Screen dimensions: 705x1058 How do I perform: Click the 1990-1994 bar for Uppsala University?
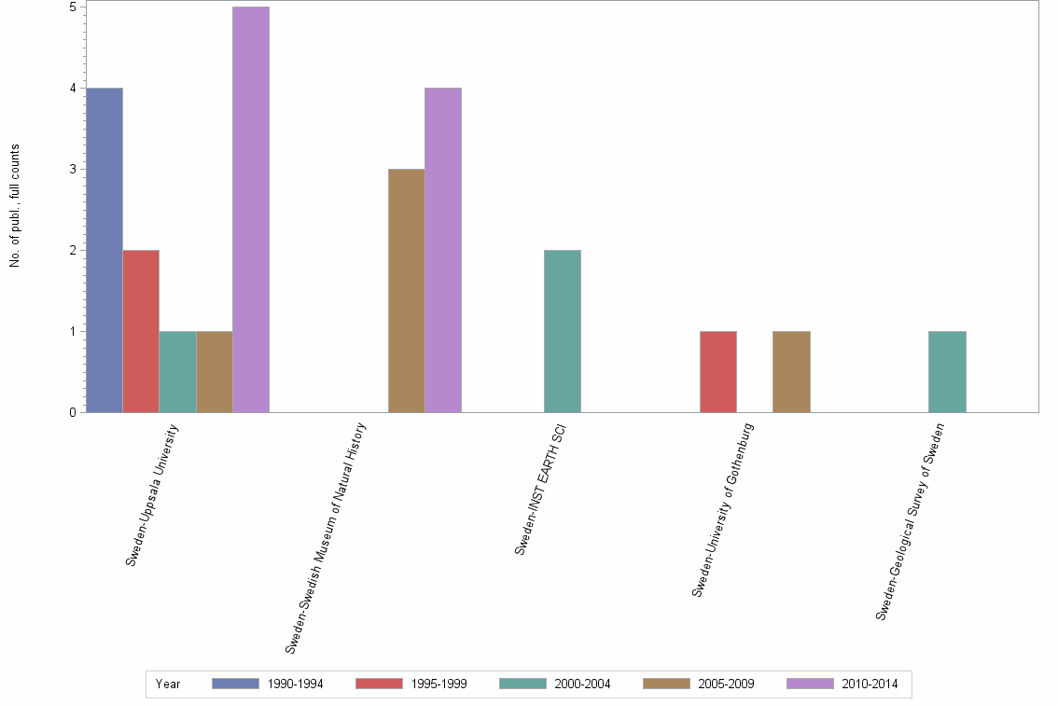click(x=104, y=250)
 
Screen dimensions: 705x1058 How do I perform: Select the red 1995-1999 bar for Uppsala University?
click(x=141, y=331)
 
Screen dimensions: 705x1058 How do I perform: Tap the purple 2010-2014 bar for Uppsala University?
click(x=251, y=210)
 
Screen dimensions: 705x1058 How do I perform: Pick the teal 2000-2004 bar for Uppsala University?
click(x=177, y=371)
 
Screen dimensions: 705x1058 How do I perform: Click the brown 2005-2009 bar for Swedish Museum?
click(x=407, y=290)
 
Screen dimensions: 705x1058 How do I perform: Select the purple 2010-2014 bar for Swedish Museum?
click(x=443, y=250)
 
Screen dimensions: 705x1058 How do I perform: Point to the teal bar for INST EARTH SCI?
click(x=563, y=331)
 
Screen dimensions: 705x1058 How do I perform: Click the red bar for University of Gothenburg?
click(x=718, y=371)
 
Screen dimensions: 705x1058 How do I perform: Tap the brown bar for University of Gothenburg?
click(x=791, y=371)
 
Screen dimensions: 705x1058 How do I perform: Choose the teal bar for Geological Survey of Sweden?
click(x=947, y=371)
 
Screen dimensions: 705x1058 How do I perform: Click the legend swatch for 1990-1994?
click(x=235, y=684)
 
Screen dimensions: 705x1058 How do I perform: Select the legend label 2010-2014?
click(x=870, y=684)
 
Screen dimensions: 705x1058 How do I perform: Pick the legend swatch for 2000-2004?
click(x=522, y=684)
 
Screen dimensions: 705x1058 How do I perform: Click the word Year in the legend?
click(x=168, y=684)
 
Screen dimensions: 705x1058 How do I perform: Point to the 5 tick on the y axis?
click(x=73, y=7)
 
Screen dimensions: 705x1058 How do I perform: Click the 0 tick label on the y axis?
click(x=73, y=412)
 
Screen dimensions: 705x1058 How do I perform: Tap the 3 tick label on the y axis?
click(x=73, y=170)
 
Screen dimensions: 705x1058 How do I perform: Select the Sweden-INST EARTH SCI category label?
click(x=541, y=489)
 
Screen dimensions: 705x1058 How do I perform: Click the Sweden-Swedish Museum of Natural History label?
click(x=327, y=536)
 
